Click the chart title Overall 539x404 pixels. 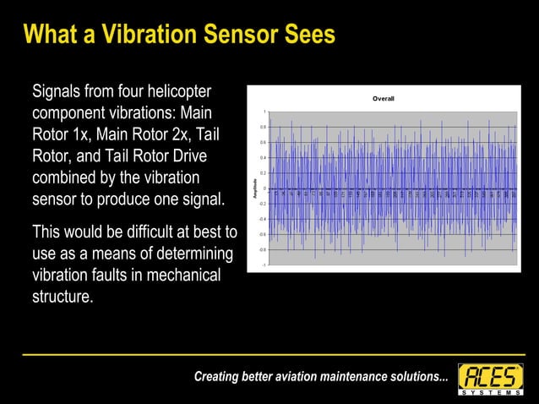pos(384,99)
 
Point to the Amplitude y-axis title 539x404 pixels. pos(254,188)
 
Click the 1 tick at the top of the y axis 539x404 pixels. pos(264,112)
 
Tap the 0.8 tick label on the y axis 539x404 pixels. pos(263,127)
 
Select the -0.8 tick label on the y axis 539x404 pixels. pos(262,250)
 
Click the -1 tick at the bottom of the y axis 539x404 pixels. pos(264,265)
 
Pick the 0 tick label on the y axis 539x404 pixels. pos(264,188)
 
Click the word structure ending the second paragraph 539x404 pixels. pos(61,297)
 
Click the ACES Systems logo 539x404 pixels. pos(490,379)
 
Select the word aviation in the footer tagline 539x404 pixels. pos(297,377)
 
